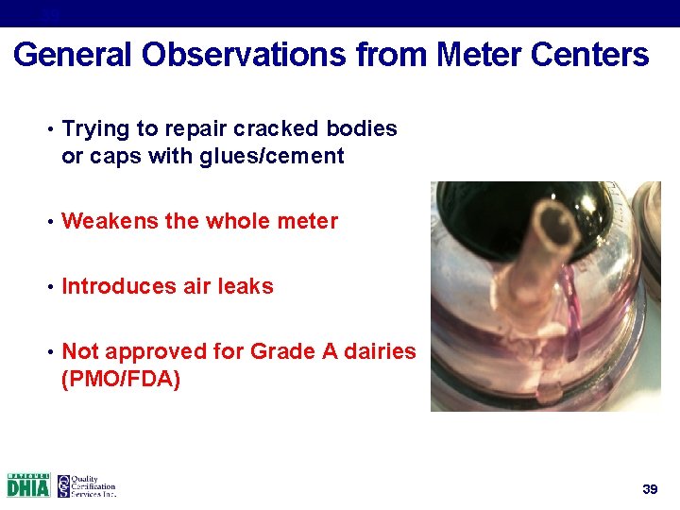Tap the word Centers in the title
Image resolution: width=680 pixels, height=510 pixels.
(x=590, y=55)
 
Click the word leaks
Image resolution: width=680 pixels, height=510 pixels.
(x=246, y=286)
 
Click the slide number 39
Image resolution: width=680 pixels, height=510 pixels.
(x=649, y=488)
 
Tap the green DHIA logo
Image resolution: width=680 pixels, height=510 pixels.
(x=28, y=485)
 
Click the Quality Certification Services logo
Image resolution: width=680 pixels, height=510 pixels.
(x=87, y=485)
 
